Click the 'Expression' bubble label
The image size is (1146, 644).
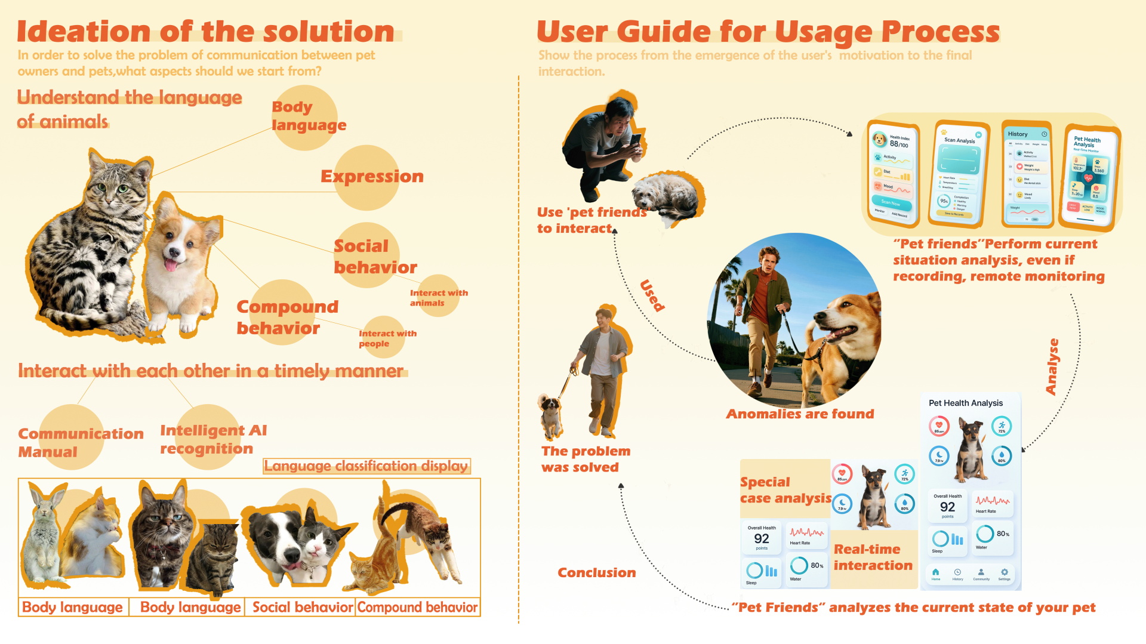(x=372, y=177)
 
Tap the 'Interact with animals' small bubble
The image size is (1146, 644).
(x=439, y=297)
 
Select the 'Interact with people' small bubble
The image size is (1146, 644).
(x=387, y=338)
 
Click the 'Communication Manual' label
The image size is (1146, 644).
(x=80, y=442)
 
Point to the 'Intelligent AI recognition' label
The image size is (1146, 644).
(x=213, y=439)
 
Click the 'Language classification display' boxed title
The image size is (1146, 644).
(x=366, y=466)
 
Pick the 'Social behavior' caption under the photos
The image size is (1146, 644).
(x=302, y=607)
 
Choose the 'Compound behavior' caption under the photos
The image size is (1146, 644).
(x=417, y=607)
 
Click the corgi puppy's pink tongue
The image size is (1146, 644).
(x=171, y=264)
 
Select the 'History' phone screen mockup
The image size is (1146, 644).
(x=1027, y=175)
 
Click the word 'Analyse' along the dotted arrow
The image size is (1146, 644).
(x=1053, y=366)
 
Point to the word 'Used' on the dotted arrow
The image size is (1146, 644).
(x=652, y=295)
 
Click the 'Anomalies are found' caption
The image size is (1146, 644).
(x=800, y=414)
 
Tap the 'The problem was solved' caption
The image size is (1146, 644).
(x=585, y=459)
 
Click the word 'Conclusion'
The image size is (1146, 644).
(x=596, y=572)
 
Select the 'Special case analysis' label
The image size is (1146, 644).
(x=785, y=490)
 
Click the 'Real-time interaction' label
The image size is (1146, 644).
(x=873, y=557)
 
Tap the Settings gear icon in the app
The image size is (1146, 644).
(x=1005, y=572)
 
